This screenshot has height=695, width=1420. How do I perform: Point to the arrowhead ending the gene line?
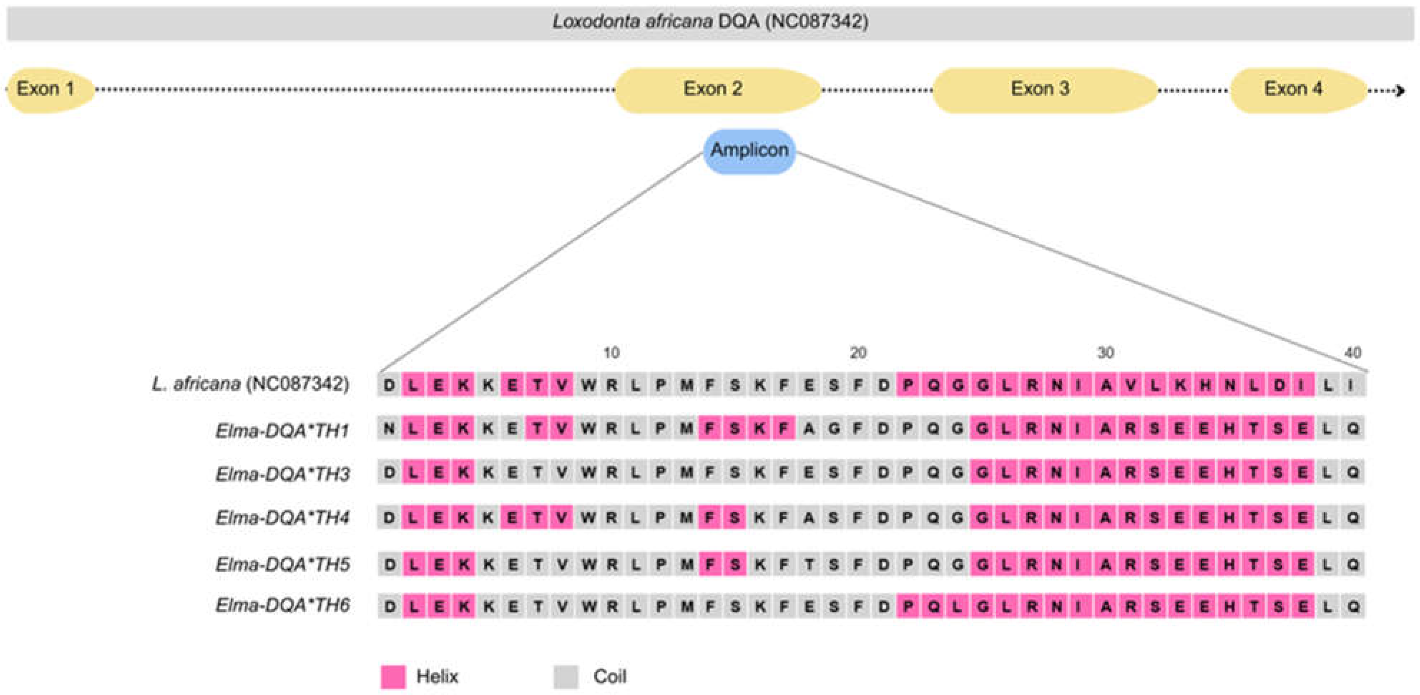click(x=1401, y=90)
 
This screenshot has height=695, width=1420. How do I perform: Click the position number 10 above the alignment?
click(x=611, y=352)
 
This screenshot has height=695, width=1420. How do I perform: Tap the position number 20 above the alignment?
click(x=858, y=352)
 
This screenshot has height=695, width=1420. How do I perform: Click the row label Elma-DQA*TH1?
click(x=282, y=430)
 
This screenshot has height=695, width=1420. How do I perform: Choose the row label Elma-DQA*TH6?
click(x=282, y=606)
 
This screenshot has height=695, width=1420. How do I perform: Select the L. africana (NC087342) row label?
click(x=251, y=384)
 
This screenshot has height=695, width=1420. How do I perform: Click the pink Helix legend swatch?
click(x=393, y=677)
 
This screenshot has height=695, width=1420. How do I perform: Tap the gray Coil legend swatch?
click(x=566, y=677)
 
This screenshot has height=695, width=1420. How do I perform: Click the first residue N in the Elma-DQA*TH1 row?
click(x=389, y=429)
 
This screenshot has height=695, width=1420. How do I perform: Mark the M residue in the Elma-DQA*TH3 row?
click(x=686, y=472)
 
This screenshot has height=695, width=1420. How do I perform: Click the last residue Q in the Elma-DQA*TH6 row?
click(x=1353, y=606)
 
